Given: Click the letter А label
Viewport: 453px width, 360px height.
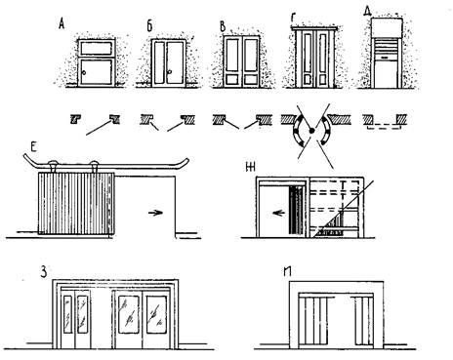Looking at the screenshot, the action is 62,24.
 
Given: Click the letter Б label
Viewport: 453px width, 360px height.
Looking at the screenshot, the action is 149,26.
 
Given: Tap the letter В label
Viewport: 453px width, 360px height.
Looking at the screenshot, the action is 223,26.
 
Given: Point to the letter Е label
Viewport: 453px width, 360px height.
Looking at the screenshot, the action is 33,147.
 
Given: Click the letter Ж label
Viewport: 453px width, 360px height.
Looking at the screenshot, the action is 250,168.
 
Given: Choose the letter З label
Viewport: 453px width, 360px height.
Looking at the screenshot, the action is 43,272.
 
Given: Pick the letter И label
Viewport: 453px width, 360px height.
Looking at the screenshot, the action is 287,271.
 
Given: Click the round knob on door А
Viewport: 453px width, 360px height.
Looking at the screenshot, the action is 84,73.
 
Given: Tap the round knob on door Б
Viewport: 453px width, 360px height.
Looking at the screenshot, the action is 169,72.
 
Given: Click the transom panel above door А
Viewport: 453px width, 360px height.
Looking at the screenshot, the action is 97,48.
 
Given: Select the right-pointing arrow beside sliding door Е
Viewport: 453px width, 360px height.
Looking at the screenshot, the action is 155,213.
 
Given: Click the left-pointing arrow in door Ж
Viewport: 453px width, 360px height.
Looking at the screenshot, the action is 278,214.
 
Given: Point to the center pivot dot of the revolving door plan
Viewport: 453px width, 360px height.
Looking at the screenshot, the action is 311,131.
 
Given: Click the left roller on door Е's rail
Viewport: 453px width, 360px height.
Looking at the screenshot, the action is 53,165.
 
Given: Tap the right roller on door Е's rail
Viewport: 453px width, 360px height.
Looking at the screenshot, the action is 94,165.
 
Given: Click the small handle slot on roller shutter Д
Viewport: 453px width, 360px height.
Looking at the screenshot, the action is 387,58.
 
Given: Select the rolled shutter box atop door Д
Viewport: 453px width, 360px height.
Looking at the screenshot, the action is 387,27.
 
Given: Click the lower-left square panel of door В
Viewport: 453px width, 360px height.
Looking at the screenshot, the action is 234,79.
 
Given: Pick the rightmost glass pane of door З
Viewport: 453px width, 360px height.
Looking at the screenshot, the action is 156,314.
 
